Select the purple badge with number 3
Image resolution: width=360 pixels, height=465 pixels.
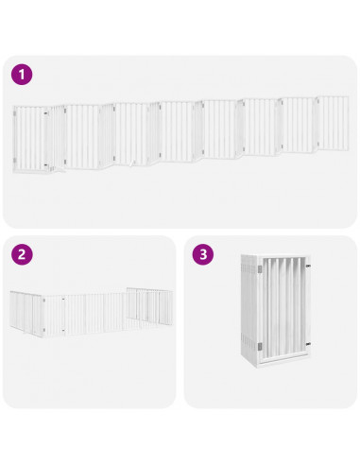point(202,254)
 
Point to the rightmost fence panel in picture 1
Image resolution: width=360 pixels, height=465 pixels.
point(333,124)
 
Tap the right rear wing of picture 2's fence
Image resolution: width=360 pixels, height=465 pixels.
point(150,305)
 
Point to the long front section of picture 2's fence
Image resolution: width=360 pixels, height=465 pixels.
point(94,316)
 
